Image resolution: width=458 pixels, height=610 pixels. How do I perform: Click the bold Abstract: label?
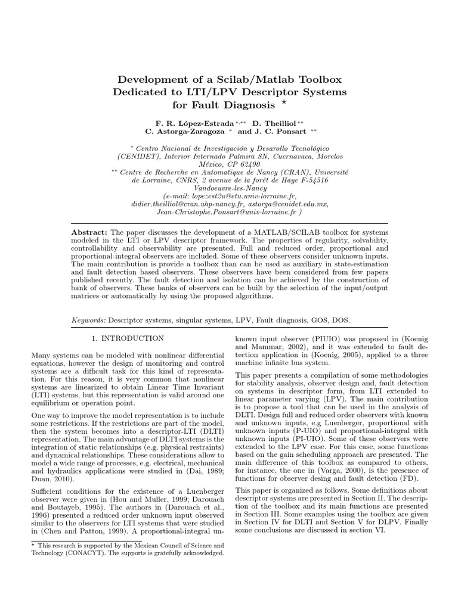tap(89, 231)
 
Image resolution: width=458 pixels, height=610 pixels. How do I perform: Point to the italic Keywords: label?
tap(88, 320)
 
